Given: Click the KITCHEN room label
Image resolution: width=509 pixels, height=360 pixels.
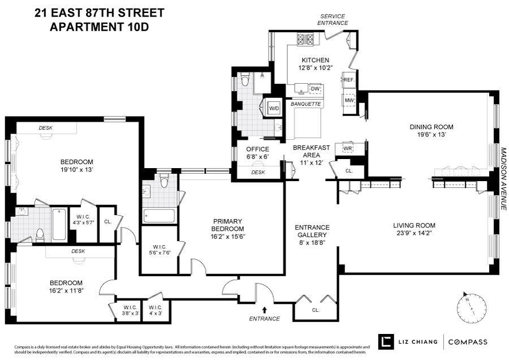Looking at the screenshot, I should point(315,60).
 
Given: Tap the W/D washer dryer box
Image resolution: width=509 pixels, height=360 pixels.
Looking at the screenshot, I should point(274,108).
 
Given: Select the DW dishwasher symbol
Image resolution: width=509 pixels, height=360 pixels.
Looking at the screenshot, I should point(315,89).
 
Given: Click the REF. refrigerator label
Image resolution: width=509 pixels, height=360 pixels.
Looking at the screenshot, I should point(348,80).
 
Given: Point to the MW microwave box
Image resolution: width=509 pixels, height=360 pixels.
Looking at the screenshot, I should point(350,101).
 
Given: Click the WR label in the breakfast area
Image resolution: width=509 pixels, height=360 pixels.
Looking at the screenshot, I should point(348,148).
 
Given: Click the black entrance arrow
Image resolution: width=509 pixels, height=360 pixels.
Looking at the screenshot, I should point(264,309).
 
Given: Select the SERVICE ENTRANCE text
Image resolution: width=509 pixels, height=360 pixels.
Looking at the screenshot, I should point(333,19).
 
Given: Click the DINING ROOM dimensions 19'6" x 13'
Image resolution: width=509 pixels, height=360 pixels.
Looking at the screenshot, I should point(432,135).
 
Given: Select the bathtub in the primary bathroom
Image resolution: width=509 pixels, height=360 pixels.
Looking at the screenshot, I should point(159,216).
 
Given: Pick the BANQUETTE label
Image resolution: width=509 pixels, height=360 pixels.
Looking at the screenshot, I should point(305,104).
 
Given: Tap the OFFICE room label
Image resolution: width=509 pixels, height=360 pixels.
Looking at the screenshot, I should point(257,149).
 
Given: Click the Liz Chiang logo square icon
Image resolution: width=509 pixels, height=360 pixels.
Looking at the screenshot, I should point(386,341).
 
